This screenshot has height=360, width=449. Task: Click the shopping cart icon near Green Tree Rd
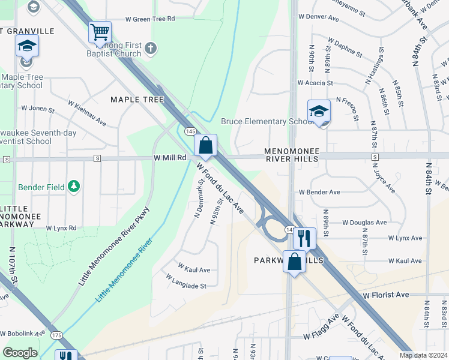pos(100,32)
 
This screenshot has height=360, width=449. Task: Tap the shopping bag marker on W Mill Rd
pos(205,145)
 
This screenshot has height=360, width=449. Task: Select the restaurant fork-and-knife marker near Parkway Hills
pos(304,239)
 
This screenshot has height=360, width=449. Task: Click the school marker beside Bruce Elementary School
pos(319,111)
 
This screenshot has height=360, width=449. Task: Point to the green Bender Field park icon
pos(74,187)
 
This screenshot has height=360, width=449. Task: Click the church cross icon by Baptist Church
pos(149,47)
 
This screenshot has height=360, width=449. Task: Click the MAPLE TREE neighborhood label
pos(137,100)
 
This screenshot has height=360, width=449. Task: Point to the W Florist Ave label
pos(386,295)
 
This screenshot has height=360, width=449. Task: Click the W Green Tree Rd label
pos(150,19)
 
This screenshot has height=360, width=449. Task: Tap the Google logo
pos(20,353)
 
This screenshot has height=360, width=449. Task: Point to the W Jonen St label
pos(38,109)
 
